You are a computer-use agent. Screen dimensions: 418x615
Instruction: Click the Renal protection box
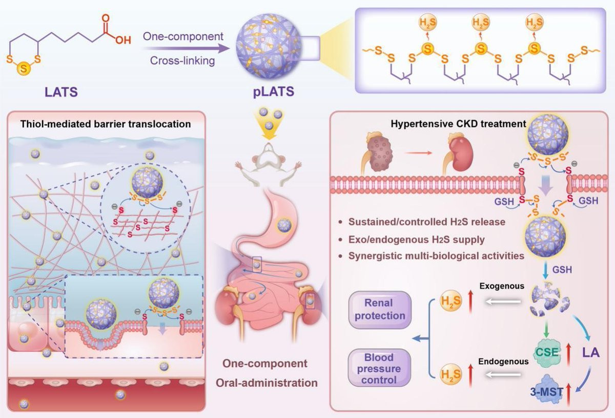tap(380, 309)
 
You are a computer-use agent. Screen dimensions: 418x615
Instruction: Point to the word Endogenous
tap(503, 361)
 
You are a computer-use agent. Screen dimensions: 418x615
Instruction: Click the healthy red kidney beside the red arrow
tap(455, 152)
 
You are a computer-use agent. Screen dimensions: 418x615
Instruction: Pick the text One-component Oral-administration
tap(265, 373)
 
